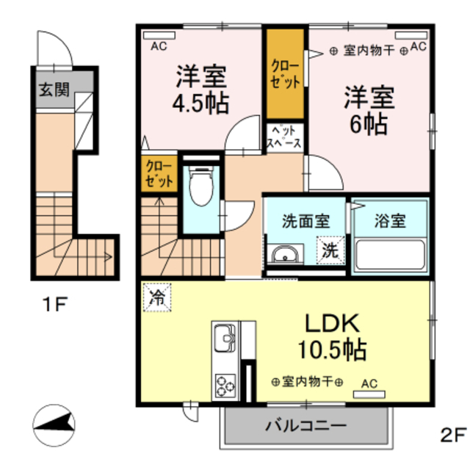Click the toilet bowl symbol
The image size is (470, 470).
point(201,186)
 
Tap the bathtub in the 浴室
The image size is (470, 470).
point(390,255)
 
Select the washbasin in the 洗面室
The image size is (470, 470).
point(285,255)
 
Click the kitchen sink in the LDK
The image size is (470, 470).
point(225,338)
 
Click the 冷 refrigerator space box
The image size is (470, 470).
point(157,297)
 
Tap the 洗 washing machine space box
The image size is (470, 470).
point(330,250)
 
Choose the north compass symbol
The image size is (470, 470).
point(54,425)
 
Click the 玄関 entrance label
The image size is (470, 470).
point(54,90)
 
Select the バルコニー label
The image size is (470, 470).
point(306,425)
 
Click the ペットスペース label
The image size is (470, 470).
point(284,137)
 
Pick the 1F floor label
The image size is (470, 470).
point(55,304)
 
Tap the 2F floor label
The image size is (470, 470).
point(453,435)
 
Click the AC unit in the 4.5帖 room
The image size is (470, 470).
point(159,36)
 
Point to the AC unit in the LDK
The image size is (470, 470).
point(369,394)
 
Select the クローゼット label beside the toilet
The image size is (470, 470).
point(159,173)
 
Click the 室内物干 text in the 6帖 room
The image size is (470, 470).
point(369,51)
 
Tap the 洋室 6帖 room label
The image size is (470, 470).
point(369,109)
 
